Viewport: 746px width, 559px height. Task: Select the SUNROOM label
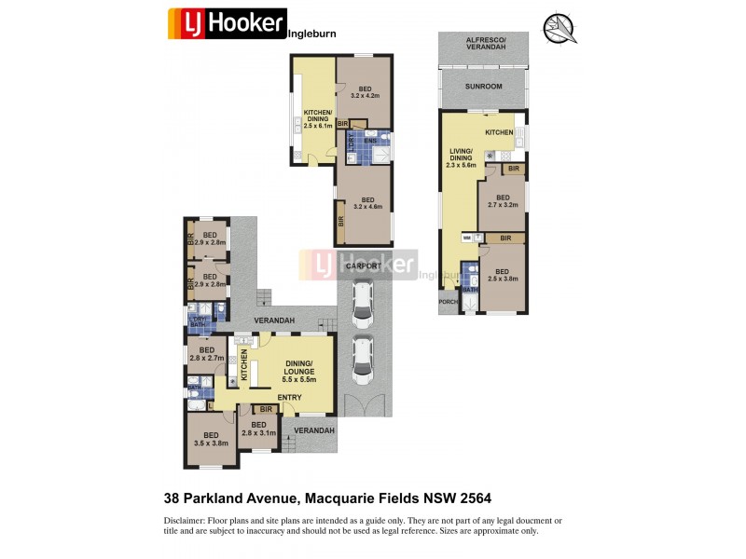(483, 87)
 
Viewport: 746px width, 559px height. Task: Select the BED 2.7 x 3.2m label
(503, 202)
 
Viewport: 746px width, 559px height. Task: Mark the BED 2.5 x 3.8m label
(503, 274)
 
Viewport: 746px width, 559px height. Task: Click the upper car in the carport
(361, 299)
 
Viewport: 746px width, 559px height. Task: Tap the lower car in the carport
(361, 359)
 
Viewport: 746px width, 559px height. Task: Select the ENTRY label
(289, 398)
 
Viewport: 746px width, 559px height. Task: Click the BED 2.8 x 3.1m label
(258, 429)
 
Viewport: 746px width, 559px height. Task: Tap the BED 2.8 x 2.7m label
(206, 354)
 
